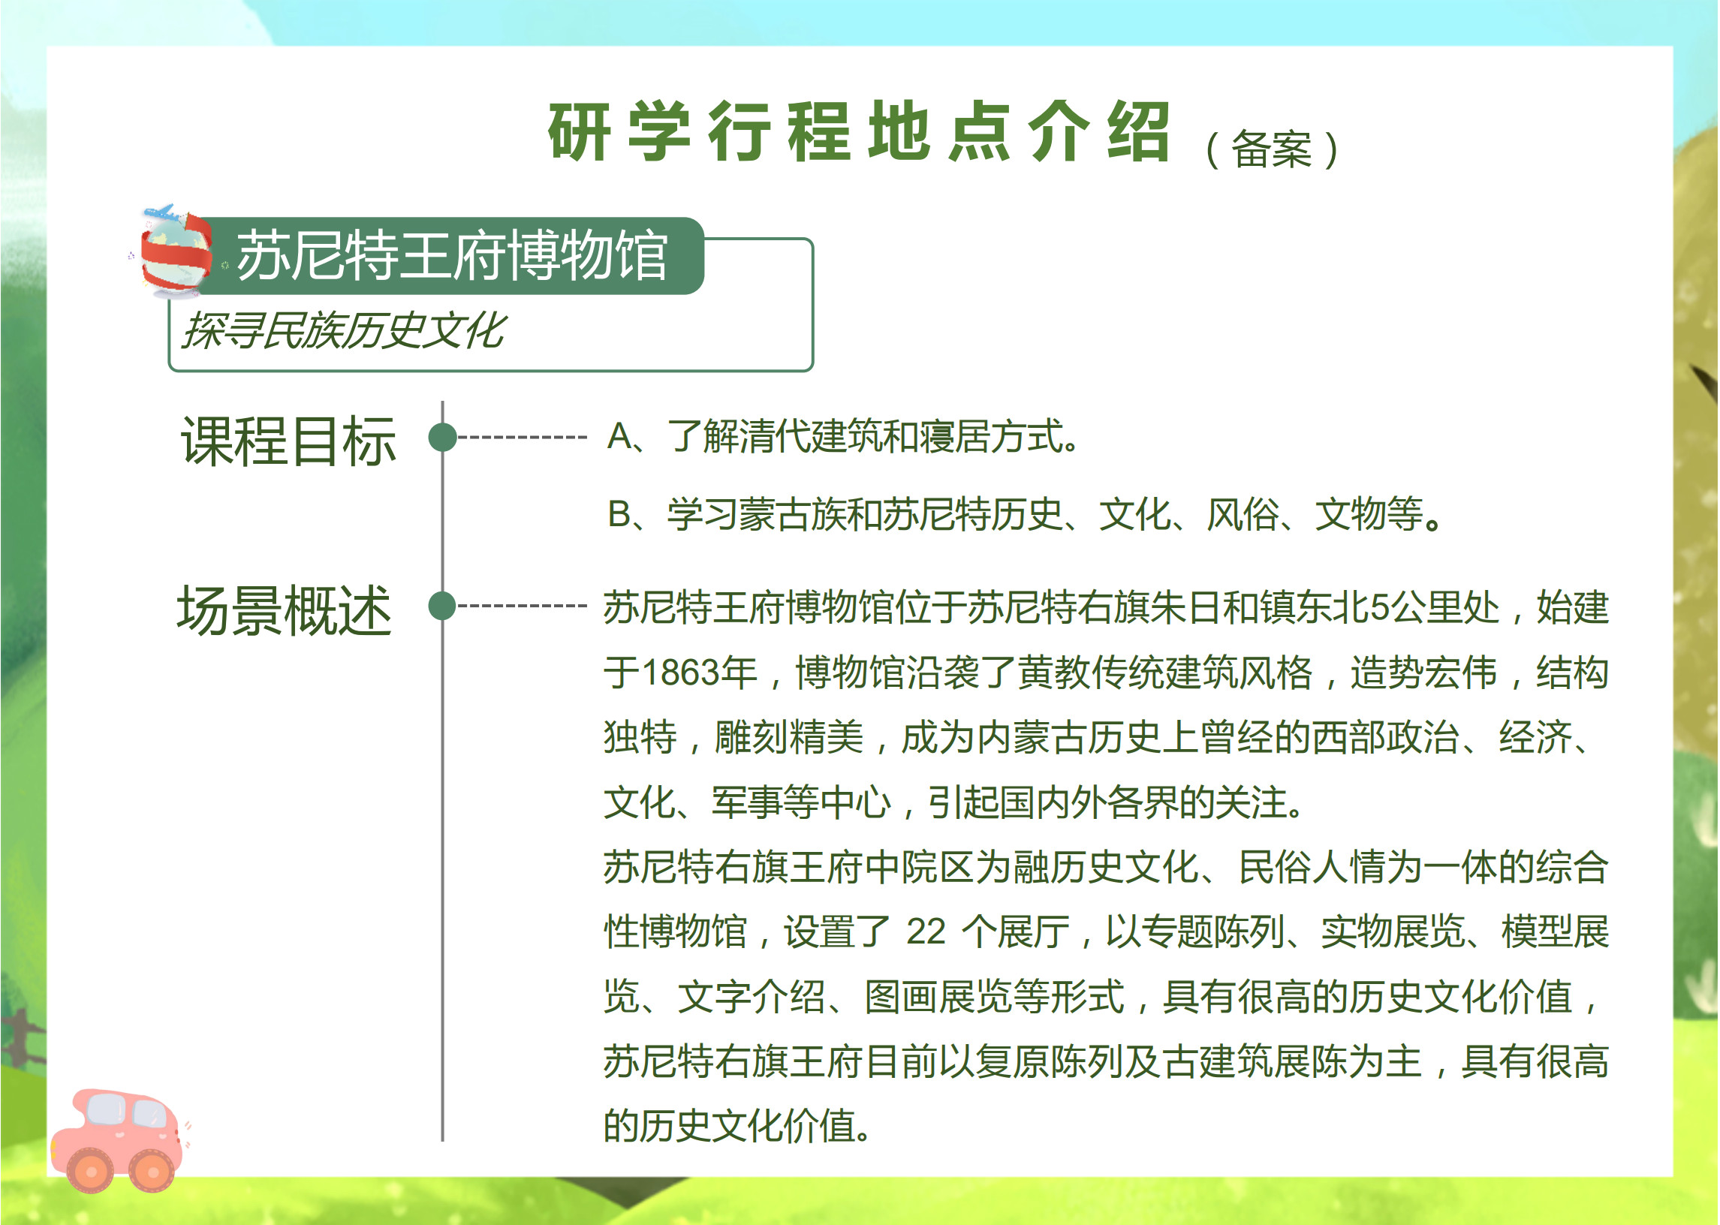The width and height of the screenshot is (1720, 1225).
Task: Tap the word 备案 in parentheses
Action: (x=1272, y=149)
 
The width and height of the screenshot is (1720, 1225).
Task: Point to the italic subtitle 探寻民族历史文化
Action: (x=343, y=330)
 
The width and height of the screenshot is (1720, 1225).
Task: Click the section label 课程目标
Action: (x=289, y=441)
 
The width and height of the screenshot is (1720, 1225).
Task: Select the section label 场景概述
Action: (x=285, y=610)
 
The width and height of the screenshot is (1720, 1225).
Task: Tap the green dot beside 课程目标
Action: (x=443, y=438)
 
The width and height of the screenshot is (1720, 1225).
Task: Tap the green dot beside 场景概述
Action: (x=443, y=606)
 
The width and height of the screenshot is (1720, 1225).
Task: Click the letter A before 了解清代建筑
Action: (x=620, y=437)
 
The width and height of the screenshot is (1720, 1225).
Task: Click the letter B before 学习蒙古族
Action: (x=620, y=515)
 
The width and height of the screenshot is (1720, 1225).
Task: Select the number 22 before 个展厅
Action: (x=926, y=932)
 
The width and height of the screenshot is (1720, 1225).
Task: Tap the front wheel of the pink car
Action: (x=152, y=1172)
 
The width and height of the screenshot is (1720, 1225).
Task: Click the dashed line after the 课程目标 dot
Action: (x=522, y=438)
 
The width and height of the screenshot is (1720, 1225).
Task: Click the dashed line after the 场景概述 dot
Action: (x=522, y=606)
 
